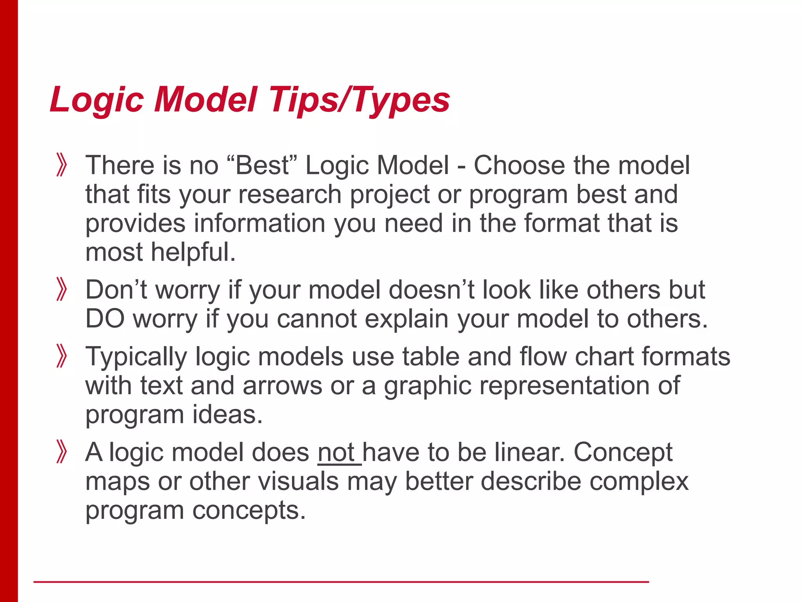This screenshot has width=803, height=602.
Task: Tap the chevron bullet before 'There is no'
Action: (62, 165)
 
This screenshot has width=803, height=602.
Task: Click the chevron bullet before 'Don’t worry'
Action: (62, 289)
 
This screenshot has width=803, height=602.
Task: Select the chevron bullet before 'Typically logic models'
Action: (62, 356)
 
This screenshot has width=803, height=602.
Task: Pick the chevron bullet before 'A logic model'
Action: (62, 452)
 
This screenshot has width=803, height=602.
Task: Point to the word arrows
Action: (282, 386)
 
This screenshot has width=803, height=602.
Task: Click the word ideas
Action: (227, 415)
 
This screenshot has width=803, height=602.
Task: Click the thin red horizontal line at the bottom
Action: (341, 582)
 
